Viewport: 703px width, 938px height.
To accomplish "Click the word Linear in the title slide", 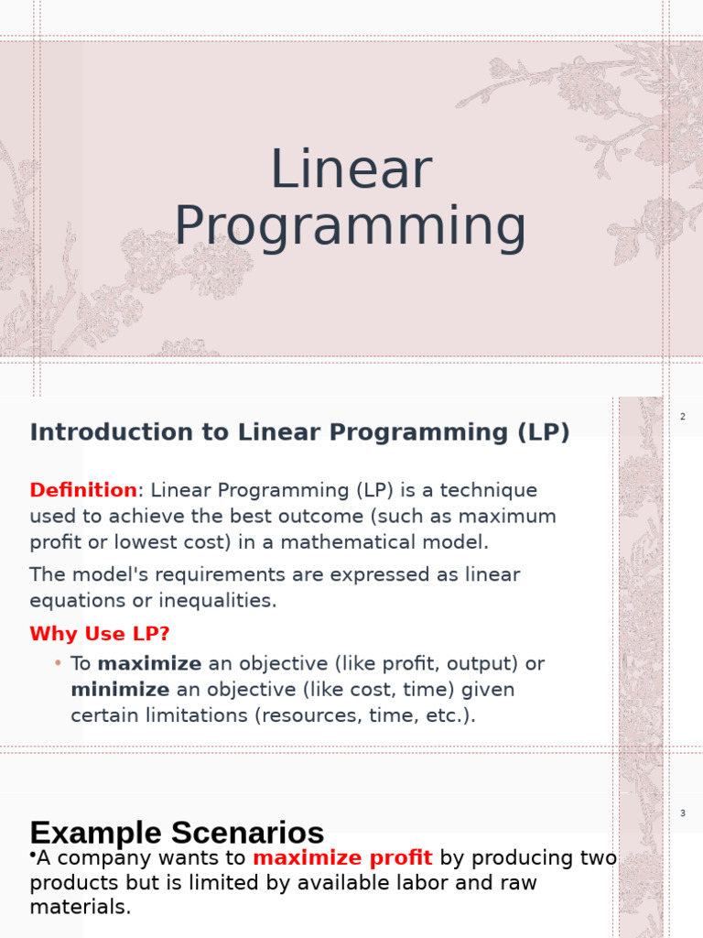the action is (351, 169).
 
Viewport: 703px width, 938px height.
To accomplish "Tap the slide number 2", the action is (683, 417).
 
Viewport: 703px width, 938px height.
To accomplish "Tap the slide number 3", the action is (683, 813).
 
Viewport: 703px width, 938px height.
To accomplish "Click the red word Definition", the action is (83, 490).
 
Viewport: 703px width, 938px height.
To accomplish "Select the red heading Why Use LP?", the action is (100, 634).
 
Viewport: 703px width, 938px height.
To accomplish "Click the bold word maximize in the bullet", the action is (149, 663).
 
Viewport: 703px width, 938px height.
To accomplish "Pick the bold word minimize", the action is (120, 689).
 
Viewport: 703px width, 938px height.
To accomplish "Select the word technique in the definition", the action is (489, 491).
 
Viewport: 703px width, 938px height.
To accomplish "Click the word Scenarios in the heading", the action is (247, 833).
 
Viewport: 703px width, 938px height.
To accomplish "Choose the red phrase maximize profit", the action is (342, 857).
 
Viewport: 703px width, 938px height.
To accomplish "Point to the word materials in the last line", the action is (81, 907).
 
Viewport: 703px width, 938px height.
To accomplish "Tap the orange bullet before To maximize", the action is (58, 663).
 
